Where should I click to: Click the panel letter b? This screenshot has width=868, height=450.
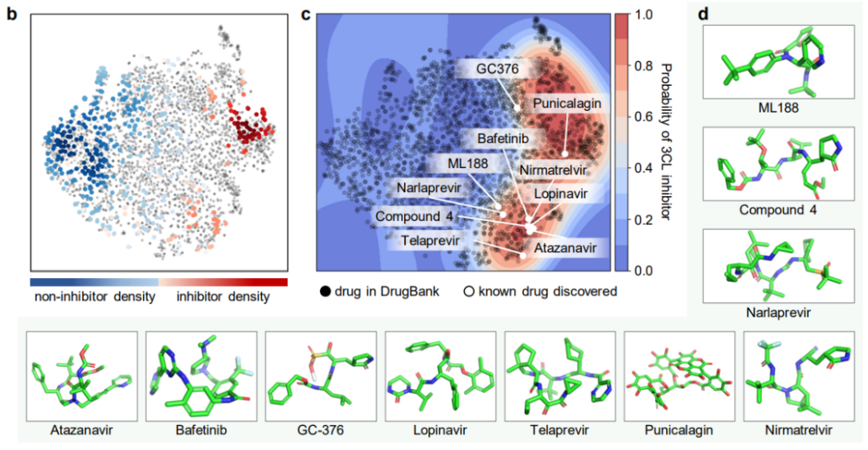click(12, 14)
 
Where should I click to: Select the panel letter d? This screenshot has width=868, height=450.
click(703, 14)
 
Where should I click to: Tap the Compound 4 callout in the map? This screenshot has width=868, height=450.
click(420, 217)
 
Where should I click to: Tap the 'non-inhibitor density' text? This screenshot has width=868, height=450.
click(95, 297)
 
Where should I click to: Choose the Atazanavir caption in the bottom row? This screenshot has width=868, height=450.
click(81, 431)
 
